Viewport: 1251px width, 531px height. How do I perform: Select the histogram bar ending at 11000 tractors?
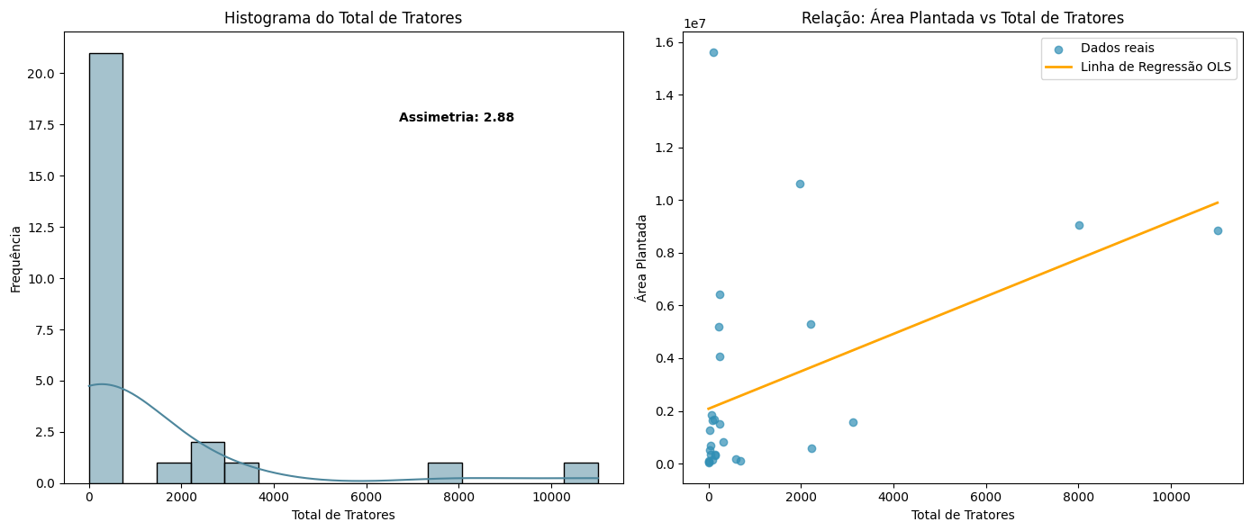tap(580, 472)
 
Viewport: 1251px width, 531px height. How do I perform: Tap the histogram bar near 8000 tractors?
tap(445, 472)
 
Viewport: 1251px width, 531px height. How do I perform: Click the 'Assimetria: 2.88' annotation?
tap(456, 118)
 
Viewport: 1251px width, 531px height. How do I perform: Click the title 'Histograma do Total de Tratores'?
tap(343, 18)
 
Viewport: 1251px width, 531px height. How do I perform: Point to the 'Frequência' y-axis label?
tap(15, 258)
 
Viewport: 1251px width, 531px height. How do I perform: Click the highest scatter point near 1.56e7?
tap(713, 52)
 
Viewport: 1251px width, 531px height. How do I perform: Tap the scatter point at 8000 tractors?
tap(1079, 225)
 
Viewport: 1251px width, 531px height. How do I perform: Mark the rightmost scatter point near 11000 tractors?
tap(1218, 230)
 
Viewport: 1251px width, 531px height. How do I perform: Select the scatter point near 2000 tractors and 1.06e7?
tap(800, 184)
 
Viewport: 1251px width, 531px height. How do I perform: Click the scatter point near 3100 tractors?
tap(853, 422)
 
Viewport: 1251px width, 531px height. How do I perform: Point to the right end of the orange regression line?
tap(1218, 202)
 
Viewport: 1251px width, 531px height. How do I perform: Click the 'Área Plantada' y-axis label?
tap(642, 257)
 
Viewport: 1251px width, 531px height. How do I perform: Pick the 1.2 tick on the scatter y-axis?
tap(667, 148)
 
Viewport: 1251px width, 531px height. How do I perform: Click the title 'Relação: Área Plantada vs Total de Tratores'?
tap(962, 18)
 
